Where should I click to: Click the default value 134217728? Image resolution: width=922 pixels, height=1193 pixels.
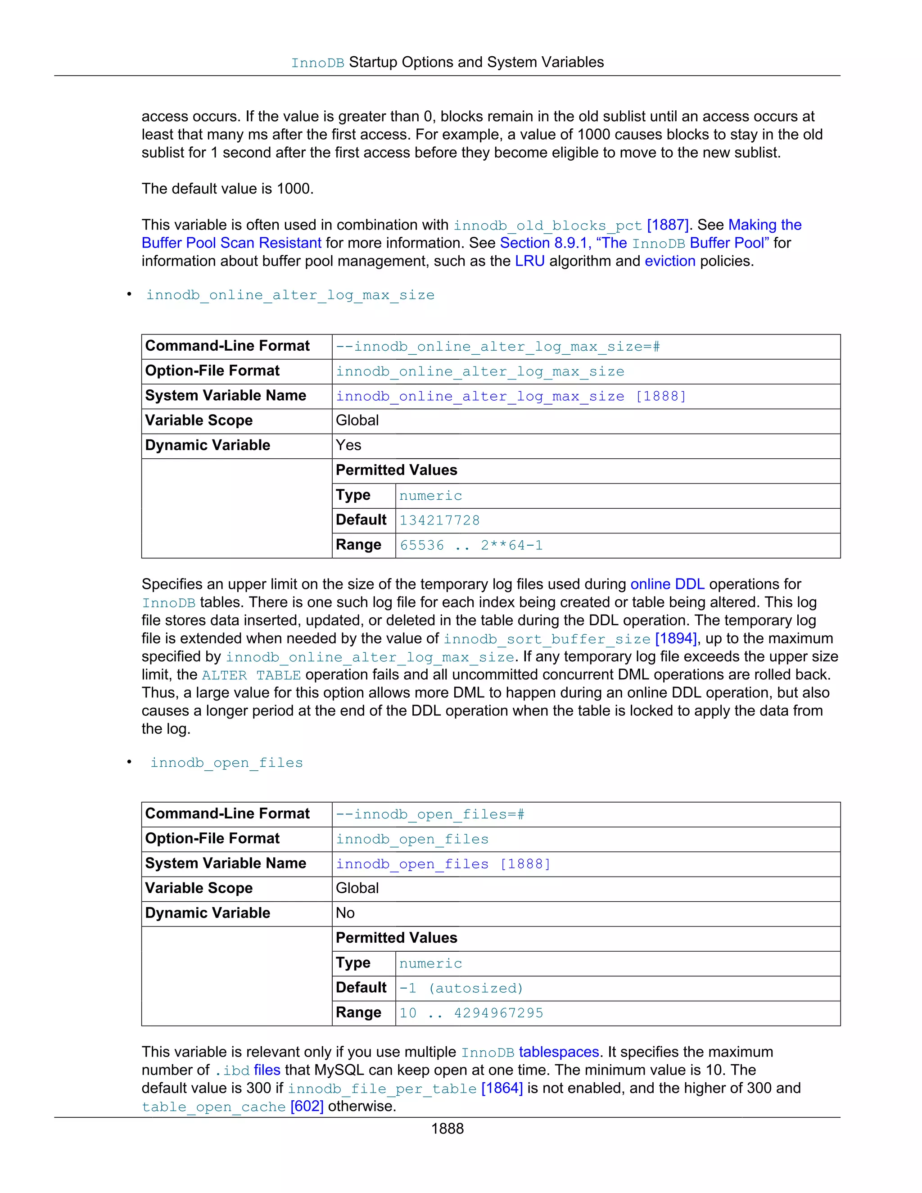pyautogui.click(x=439, y=520)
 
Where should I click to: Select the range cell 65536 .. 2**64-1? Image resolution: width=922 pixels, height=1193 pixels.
pyautogui.click(x=471, y=545)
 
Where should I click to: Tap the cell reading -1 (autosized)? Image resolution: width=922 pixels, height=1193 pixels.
pyautogui.click(x=461, y=988)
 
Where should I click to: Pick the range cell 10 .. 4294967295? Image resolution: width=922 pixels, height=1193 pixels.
pyautogui.click(x=471, y=1013)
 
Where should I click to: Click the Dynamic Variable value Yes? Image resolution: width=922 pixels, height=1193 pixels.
pyautogui.click(x=348, y=445)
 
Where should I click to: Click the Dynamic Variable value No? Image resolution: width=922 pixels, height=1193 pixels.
pyautogui.click(x=345, y=913)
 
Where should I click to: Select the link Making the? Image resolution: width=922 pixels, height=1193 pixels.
pyautogui.click(x=765, y=225)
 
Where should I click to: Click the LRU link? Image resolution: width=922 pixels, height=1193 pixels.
pyautogui.click(x=529, y=261)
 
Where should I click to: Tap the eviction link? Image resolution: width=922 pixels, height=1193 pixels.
pyautogui.click(x=669, y=261)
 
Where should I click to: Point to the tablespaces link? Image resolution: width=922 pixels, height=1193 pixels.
pyautogui.click(x=558, y=1052)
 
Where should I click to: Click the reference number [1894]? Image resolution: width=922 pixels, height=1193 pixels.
pyautogui.click(x=676, y=638)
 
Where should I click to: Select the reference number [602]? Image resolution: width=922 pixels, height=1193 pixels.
pyautogui.click(x=307, y=1106)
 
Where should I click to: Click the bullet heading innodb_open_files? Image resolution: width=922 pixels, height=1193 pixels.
pyautogui.click(x=226, y=763)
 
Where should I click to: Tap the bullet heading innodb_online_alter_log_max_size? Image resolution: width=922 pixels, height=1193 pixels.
pyautogui.click(x=290, y=295)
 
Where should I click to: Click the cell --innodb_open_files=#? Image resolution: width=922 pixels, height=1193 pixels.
pyautogui.click(x=430, y=814)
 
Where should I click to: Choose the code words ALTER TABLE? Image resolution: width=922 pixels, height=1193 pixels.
pyautogui.click(x=251, y=675)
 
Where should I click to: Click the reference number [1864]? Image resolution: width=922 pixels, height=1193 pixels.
pyautogui.click(x=502, y=1088)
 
